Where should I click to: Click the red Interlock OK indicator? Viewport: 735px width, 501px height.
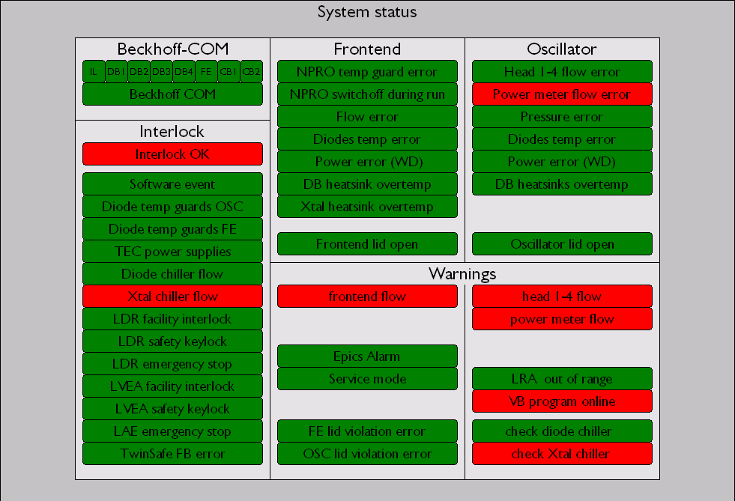pyautogui.click(x=172, y=154)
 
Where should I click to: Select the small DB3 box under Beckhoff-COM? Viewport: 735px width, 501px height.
pyautogui.click(x=161, y=72)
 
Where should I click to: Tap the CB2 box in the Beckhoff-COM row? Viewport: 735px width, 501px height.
pyautogui.click(x=251, y=72)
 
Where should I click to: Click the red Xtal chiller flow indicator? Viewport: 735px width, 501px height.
pyautogui.click(x=172, y=297)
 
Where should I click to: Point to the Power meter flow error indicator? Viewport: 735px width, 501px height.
pyautogui.click(x=562, y=94)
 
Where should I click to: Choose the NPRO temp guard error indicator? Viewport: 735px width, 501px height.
pyautogui.click(x=367, y=72)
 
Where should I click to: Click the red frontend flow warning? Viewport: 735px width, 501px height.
pyautogui.click(x=367, y=297)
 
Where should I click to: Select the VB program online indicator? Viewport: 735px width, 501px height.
pyautogui.click(x=562, y=401)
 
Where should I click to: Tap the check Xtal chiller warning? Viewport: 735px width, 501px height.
pyautogui.click(x=562, y=454)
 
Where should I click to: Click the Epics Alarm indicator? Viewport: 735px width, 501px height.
pyautogui.click(x=367, y=356)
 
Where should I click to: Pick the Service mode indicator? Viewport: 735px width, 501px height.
pyautogui.click(x=367, y=379)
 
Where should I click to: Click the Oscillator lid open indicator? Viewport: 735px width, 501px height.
pyautogui.click(x=562, y=244)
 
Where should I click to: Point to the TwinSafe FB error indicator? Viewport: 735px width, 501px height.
pyautogui.click(x=172, y=454)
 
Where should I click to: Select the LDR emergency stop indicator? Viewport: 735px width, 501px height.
pyautogui.click(x=172, y=364)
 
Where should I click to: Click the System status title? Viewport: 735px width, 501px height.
pyautogui.click(x=367, y=12)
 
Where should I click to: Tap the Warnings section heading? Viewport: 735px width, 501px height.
pyautogui.click(x=462, y=273)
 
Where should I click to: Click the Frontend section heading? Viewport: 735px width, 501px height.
pyautogui.click(x=367, y=49)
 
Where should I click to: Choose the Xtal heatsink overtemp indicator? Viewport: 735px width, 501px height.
pyautogui.click(x=367, y=207)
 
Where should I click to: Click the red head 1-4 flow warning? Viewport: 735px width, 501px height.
pyautogui.click(x=562, y=297)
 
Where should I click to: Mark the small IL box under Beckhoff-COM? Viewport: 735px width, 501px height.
pyautogui.click(x=94, y=72)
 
